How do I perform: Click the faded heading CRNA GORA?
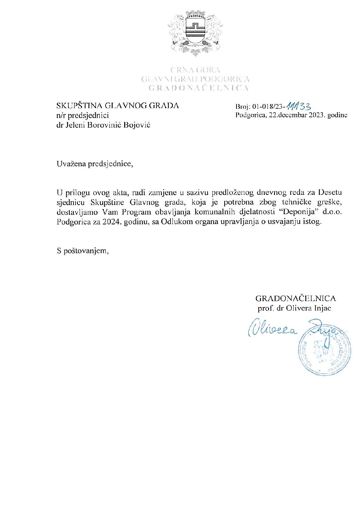point(195,70)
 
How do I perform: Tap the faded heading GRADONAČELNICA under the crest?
point(198,88)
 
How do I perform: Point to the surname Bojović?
point(137,125)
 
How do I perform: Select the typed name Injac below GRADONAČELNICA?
point(321,308)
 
